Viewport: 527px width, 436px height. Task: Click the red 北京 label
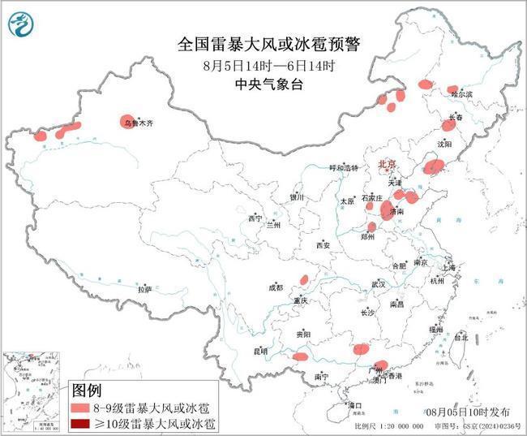[x=387, y=165]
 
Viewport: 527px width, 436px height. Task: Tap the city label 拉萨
[x=144, y=289]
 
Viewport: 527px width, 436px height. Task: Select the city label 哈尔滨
[x=461, y=95]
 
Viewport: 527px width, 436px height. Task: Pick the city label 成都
[x=276, y=287]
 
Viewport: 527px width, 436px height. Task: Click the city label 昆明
[x=260, y=351]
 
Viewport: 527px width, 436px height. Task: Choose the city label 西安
[x=323, y=244]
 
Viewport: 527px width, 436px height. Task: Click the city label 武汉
[x=379, y=285]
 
